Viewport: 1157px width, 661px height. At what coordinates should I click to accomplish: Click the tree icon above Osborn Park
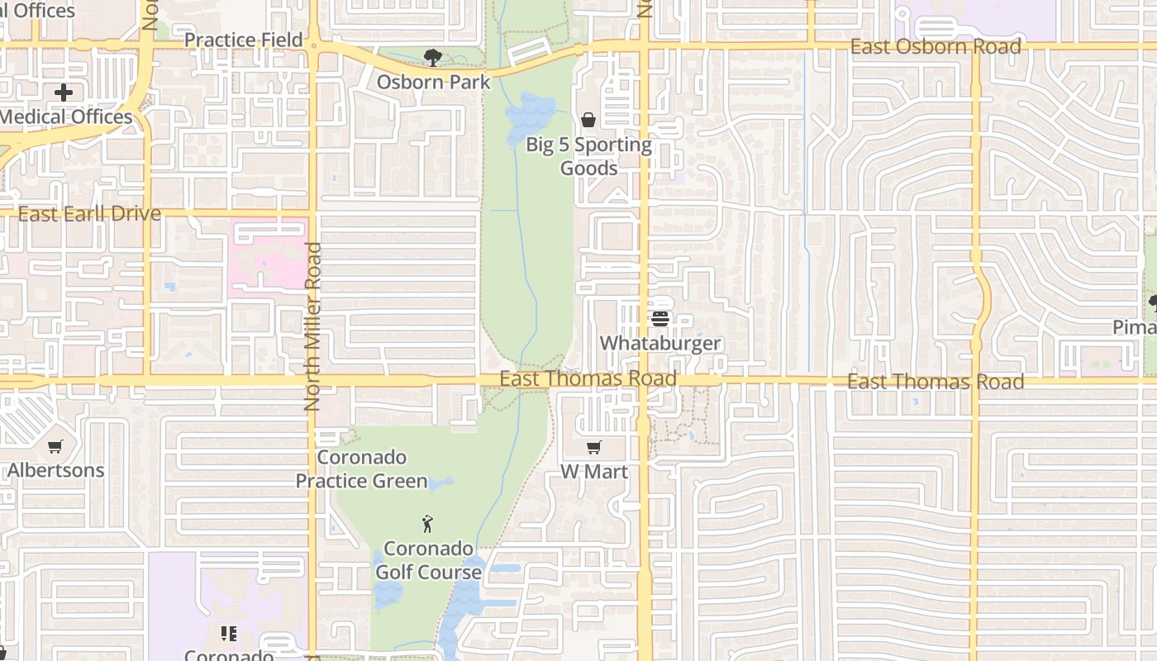point(432,57)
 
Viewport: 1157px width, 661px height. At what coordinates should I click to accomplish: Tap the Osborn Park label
point(433,82)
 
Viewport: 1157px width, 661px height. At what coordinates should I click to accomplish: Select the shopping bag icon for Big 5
point(588,121)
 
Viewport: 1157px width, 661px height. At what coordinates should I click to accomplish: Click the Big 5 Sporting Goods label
point(589,156)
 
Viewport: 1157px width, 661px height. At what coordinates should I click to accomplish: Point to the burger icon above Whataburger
point(659,318)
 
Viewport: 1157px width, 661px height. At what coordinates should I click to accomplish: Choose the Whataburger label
point(660,343)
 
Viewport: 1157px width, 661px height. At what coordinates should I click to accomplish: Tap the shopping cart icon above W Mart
point(593,448)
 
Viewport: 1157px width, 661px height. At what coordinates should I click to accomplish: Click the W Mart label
point(594,472)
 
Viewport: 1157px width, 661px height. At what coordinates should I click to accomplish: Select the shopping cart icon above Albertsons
point(55,446)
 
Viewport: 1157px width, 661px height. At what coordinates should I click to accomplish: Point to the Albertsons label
point(56,470)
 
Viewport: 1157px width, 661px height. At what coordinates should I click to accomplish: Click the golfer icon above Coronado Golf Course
point(427,523)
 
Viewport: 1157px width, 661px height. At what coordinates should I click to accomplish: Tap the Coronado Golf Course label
point(428,560)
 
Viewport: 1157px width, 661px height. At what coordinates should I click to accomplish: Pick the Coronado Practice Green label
point(362,468)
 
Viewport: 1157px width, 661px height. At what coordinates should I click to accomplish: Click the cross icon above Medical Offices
point(64,93)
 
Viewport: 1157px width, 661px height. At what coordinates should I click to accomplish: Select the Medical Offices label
point(65,117)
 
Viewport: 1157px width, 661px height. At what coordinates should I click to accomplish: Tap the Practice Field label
point(243,40)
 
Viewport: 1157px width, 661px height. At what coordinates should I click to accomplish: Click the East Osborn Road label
point(936,46)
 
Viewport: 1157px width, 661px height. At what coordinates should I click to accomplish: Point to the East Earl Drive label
point(89,214)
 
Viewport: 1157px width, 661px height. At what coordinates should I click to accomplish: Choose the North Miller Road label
point(312,326)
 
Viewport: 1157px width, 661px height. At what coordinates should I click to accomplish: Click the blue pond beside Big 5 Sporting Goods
point(529,116)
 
